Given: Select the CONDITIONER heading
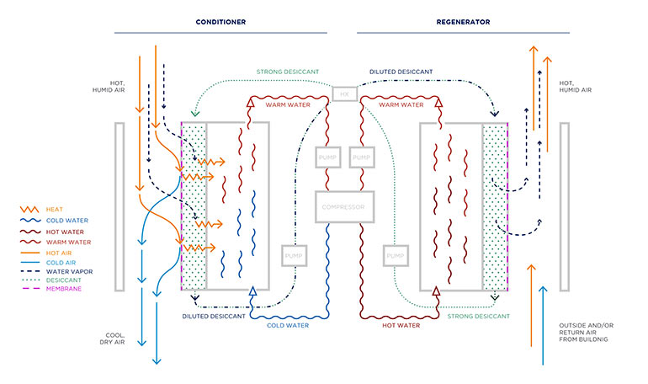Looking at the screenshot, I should pos(220,22).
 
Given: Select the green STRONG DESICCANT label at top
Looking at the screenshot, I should pos(288,72).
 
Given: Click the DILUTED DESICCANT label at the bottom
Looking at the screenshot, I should pos(214,317).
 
